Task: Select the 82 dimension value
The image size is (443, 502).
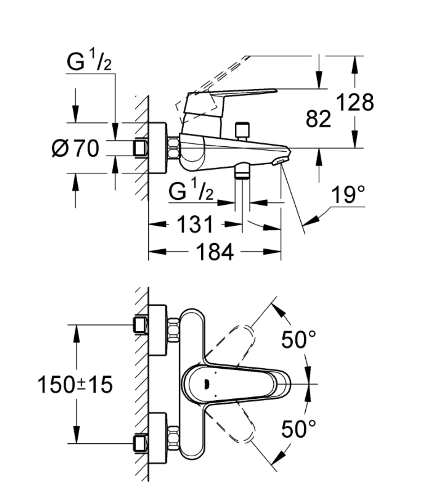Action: [x=318, y=119]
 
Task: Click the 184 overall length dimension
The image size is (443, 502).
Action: [x=214, y=252]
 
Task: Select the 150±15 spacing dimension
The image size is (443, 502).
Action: [x=75, y=384]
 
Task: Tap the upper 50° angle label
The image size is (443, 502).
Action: [x=299, y=339]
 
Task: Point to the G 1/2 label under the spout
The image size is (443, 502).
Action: [x=191, y=192]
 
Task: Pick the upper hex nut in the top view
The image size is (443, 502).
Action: [x=174, y=330]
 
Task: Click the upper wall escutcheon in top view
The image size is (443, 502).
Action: [x=157, y=330]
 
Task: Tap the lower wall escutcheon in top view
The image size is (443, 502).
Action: [x=157, y=438]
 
